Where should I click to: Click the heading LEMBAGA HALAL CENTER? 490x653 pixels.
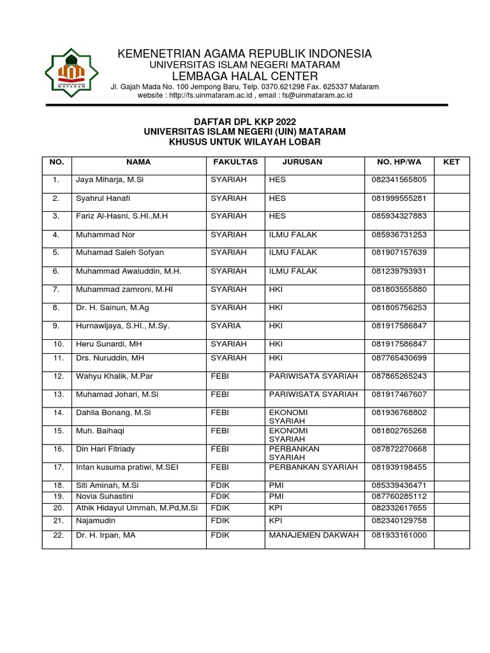(244, 77)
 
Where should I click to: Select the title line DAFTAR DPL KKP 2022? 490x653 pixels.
(244, 122)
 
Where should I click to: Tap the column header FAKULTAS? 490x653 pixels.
(235, 162)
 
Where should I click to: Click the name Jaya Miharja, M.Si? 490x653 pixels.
(110, 180)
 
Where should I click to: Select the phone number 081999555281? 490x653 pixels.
(399, 198)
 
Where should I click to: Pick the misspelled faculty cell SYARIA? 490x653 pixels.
(226, 326)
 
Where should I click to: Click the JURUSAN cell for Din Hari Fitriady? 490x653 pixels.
(294, 453)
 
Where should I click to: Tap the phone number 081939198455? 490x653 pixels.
(399, 467)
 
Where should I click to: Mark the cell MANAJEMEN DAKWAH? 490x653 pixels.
(314, 535)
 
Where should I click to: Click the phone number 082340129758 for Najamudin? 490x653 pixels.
(399, 520)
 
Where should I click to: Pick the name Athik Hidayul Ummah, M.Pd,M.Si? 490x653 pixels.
(137, 508)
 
